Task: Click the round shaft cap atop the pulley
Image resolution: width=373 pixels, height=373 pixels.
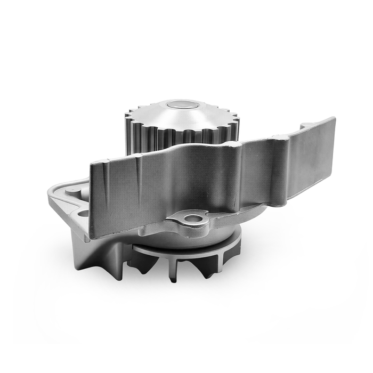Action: (x=181, y=104)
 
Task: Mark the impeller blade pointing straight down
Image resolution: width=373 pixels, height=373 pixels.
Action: (x=174, y=271)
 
